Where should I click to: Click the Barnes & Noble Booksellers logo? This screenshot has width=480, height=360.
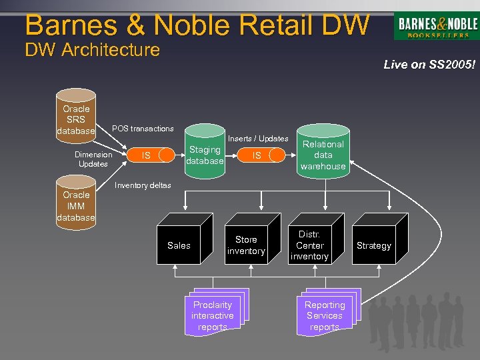point(437,27)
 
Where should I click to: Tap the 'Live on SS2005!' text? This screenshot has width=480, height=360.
point(429,65)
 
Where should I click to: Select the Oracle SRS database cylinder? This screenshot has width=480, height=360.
point(76,119)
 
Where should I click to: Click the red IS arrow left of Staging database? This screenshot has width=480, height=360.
point(146,155)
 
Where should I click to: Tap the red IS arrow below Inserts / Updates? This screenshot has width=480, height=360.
point(257,155)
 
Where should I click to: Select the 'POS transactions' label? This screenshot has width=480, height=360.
point(143,129)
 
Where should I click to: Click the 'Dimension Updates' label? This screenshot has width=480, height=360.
point(93,159)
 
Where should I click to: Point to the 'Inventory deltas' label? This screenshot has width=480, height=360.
point(143,185)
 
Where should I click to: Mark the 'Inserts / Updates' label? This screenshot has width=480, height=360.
point(258,139)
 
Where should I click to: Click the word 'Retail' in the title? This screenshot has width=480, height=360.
point(261,25)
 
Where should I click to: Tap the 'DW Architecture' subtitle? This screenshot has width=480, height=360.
point(92,50)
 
